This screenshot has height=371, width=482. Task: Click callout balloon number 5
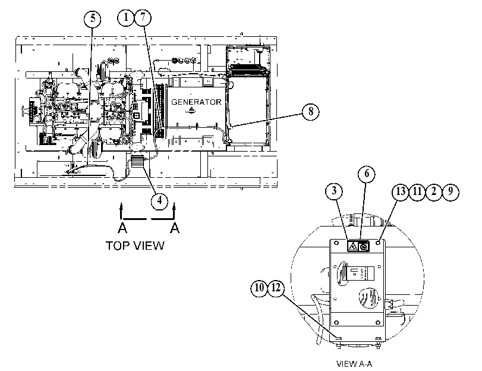click(93, 19)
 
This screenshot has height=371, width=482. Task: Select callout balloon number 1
click(126, 17)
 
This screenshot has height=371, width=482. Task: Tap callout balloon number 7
click(143, 17)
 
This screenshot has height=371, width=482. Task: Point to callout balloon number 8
click(310, 111)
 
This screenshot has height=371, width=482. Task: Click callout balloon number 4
click(159, 201)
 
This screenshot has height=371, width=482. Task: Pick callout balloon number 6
click(367, 174)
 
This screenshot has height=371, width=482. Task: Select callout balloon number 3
click(334, 191)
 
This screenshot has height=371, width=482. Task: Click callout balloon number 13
click(401, 191)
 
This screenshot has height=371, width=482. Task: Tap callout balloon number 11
click(417, 191)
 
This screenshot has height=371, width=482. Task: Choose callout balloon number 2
click(434, 191)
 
